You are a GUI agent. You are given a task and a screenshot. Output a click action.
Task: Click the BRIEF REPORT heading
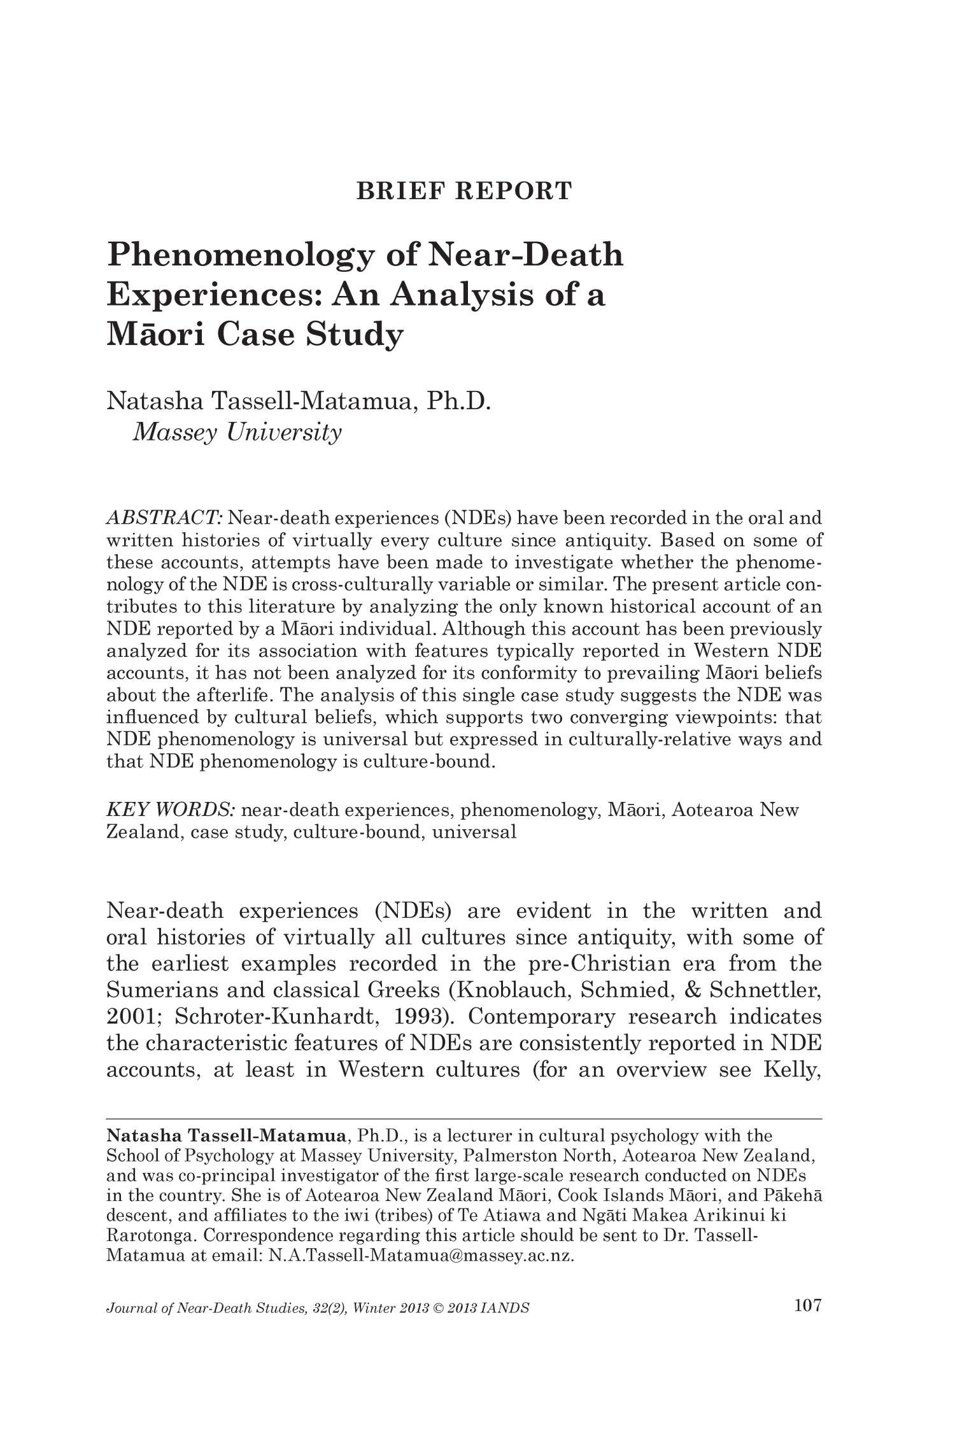464,191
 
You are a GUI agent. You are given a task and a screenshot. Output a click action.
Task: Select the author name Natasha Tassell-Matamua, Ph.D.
299,402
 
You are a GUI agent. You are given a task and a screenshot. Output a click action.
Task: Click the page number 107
808,1306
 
